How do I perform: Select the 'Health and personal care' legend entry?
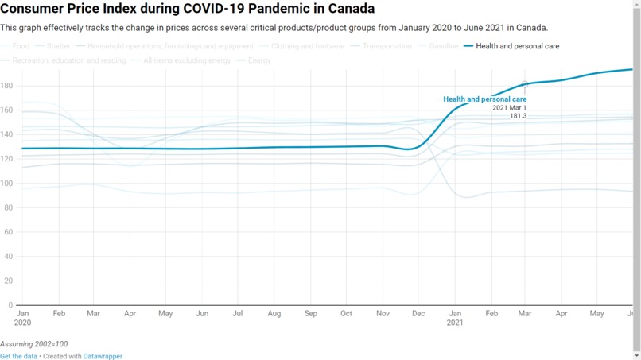(517, 46)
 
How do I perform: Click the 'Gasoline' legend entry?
(443, 46)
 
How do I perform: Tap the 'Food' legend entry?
(21, 46)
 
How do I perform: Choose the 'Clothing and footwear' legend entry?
(308, 46)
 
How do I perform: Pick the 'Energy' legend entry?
(259, 60)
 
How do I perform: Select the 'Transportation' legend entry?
(387, 46)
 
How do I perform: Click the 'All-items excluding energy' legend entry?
(187, 60)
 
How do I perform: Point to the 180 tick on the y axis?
(6, 86)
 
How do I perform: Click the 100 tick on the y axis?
(6, 184)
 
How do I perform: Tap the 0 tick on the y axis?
(10, 305)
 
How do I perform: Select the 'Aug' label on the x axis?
(274, 314)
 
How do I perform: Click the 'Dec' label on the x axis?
(418, 314)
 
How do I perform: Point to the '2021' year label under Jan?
(455, 323)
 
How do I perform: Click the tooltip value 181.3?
(518, 116)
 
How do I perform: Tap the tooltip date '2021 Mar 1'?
(509, 108)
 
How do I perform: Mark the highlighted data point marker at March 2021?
(525, 84)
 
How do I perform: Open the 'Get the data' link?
(18, 357)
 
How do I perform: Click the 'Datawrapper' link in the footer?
(103, 357)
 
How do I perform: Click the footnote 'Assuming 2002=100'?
(33, 344)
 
